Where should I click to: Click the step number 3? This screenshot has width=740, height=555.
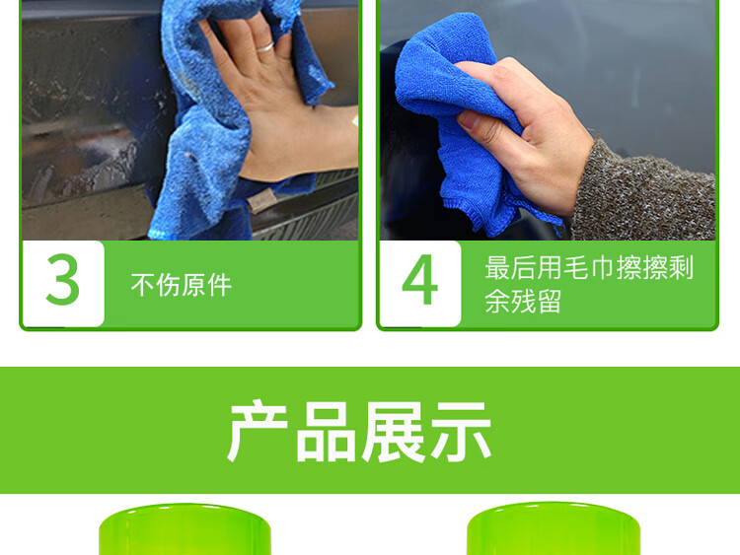point(63,279)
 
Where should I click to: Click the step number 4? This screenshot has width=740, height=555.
point(419,280)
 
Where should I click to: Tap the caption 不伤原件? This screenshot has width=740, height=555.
point(182,285)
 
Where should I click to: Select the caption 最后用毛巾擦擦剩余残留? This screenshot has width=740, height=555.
point(589,284)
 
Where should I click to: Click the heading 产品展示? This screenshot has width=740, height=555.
point(359,432)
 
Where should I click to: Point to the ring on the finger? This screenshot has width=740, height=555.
point(264,47)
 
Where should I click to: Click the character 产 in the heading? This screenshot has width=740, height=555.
point(258,432)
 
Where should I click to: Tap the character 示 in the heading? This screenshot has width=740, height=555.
point(461,432)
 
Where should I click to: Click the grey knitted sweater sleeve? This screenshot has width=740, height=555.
point(646,193)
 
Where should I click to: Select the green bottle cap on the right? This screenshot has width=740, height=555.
point(554,529)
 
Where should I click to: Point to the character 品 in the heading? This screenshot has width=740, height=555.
point(326,433)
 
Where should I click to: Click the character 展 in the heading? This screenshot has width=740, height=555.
point(393,432)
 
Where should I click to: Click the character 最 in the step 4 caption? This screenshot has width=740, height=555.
point(497,267)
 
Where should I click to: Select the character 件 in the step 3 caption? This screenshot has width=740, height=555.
point(220,285)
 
